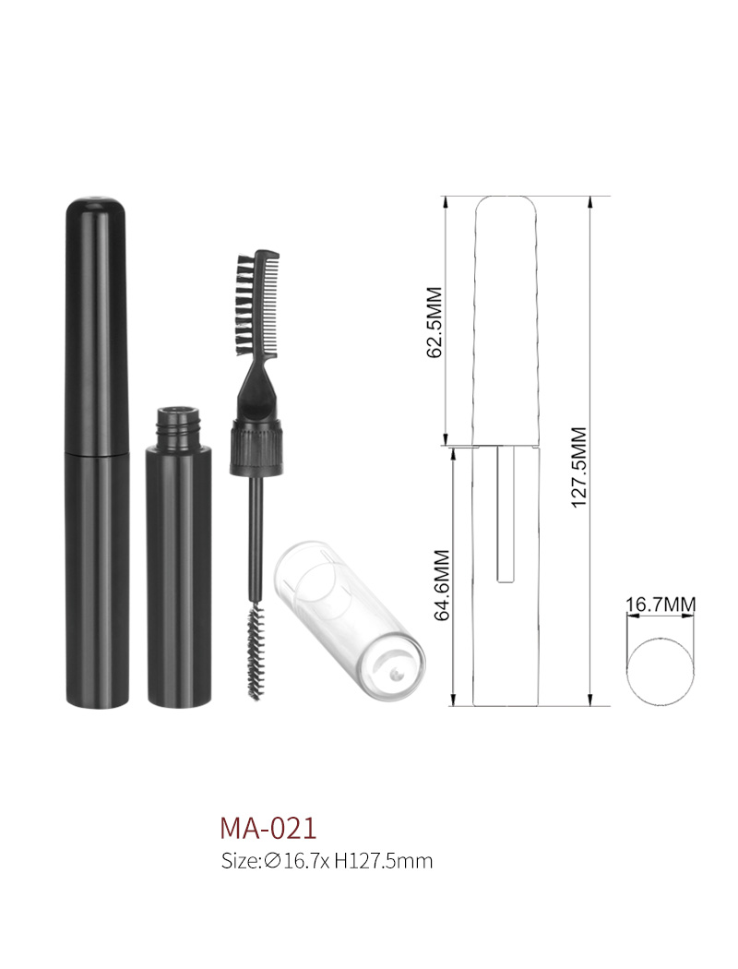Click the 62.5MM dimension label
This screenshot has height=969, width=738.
[434, 322]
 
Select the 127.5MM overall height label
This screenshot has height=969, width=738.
[578, 467]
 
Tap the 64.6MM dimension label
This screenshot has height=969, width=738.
[442, 584]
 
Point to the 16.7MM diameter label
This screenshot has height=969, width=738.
[661, 604]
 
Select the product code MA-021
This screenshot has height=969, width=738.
[268, 828]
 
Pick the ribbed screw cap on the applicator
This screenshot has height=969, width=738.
[257, 448]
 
